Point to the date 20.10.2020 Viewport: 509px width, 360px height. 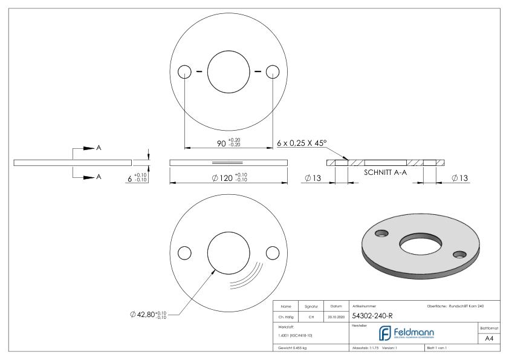click(x=336, y=316)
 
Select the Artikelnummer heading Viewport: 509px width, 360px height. click(x=364, y=306)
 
